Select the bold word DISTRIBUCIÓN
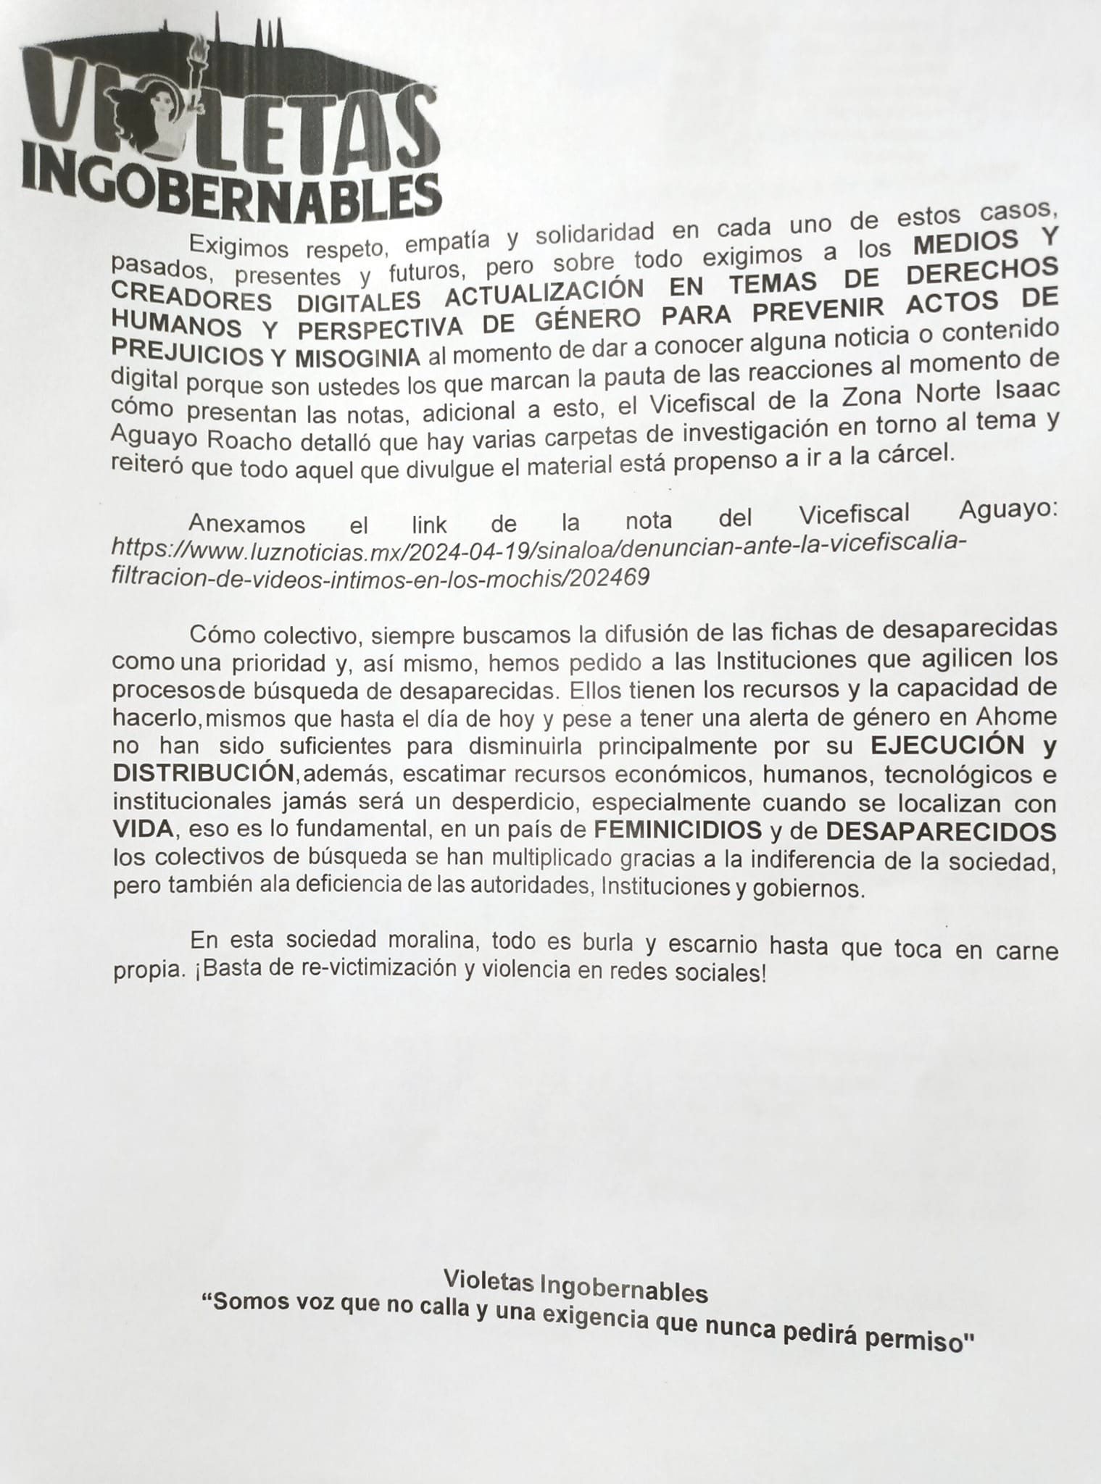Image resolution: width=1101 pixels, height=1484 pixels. [203, 772]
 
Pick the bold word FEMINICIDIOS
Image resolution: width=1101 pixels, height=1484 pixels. [678, 830]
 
